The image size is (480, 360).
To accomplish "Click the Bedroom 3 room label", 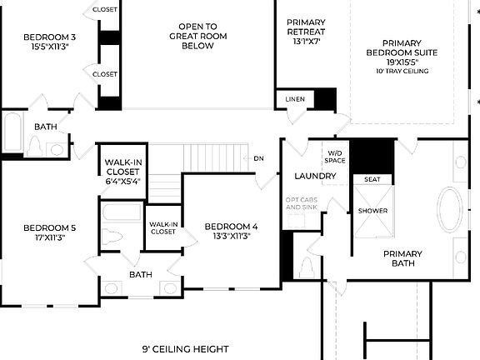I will point(49,37).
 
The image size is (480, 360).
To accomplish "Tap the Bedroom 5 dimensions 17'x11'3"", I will point(49,237).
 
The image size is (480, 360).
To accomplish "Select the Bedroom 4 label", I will point(231,227).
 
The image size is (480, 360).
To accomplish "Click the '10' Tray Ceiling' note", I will point(402,72).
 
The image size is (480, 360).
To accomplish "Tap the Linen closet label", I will point(294,100).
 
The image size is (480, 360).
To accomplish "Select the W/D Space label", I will point(334,157).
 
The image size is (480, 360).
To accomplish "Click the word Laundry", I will point(316,176).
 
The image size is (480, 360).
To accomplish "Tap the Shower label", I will point(372,211).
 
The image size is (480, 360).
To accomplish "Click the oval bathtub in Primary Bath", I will point(451,208).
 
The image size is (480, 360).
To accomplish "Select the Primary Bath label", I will point(402,259).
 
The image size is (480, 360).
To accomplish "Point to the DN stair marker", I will point(258,157).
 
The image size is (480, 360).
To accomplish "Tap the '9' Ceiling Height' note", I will point(185,348).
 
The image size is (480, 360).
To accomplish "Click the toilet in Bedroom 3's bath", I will point(35,147).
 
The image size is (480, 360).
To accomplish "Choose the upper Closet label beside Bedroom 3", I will point(105,10).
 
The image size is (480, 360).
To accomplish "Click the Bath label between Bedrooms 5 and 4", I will point(140,274).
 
